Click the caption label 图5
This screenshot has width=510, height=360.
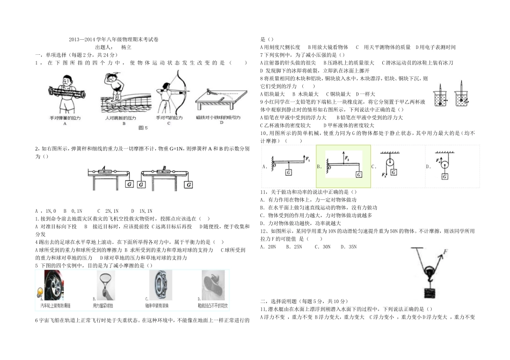tap(142, 128)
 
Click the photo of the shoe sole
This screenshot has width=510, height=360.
tap(214, 285)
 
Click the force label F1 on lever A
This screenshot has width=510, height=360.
tap(308, 159)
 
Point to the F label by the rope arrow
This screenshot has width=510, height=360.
tap(445, 252)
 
